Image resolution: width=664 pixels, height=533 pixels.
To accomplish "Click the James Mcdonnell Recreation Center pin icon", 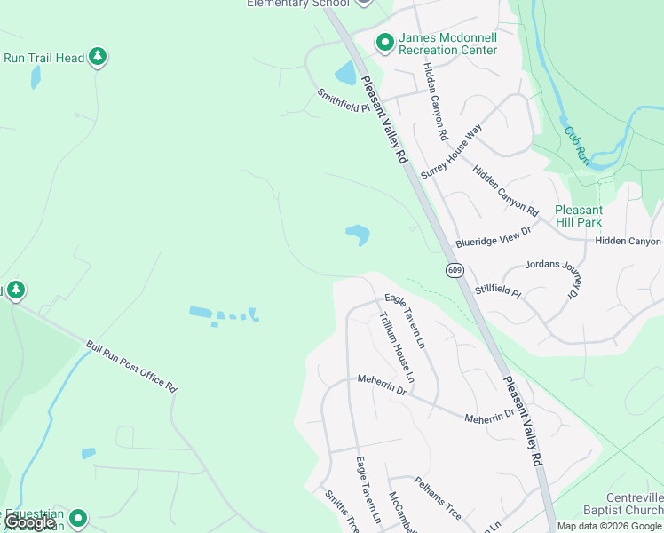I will pos(385,42).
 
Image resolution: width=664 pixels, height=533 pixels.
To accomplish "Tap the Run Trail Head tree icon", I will pos(98,58).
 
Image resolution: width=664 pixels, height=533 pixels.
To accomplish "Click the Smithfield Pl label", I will pos(344,101).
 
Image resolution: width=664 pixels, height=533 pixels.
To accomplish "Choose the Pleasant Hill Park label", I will pos(578,216).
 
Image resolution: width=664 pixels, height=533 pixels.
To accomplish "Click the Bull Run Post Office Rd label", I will pos(132,366).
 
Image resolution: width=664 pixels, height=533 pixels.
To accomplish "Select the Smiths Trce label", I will pos(340,511).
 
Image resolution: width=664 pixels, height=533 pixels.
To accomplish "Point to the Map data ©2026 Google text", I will pos(609,526).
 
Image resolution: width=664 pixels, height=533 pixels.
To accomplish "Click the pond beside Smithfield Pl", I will pos(344,74).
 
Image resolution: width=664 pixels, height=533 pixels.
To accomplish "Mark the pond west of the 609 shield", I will pos(358,235).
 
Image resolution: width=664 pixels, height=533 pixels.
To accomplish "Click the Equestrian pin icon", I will pos(78,517).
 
